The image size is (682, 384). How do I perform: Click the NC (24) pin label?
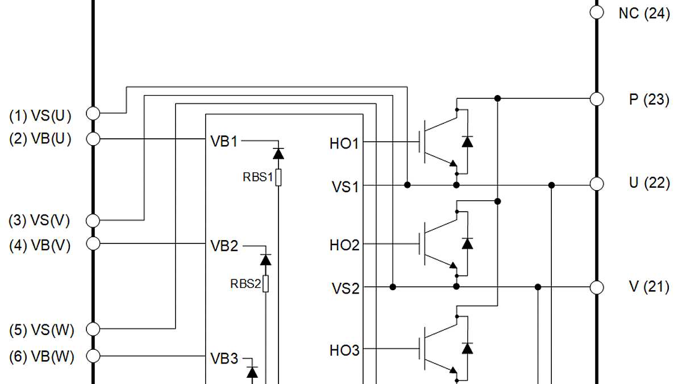click(x=644, y=13)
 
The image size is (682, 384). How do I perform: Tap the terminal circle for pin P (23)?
click(x=596, y=98)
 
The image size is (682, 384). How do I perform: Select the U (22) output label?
click(x=648, y=183)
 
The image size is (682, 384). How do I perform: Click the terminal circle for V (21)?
click(x=596, y=287)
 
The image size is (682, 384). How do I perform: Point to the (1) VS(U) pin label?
click(x=40, y=116)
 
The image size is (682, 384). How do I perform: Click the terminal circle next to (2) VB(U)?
click(x=93, y=138)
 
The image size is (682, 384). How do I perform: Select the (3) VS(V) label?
click(x=40, y=220)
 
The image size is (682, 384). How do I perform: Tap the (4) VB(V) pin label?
click(x=40, y=245)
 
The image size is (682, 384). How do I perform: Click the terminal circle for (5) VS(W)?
click(x=93, y=329)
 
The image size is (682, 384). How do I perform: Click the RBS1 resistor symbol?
click(x=278, y=177)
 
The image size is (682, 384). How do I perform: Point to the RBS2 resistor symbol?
click(x=265, y=283)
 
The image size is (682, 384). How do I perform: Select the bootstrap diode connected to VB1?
click(x=278, y=153)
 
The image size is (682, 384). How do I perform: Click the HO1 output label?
click(x=344, y=143)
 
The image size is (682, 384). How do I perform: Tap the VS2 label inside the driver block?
click(x=346, y=288)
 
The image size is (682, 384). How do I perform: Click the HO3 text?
click(x=344, y=350)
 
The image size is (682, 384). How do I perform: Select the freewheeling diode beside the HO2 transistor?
click(x=467, y=243)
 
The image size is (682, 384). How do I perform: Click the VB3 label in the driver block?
click(x=224, y=358)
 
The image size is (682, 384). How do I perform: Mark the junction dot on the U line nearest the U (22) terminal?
click(x=551, y=185)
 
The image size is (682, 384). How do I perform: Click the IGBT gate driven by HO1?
click(x=422, y=142)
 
